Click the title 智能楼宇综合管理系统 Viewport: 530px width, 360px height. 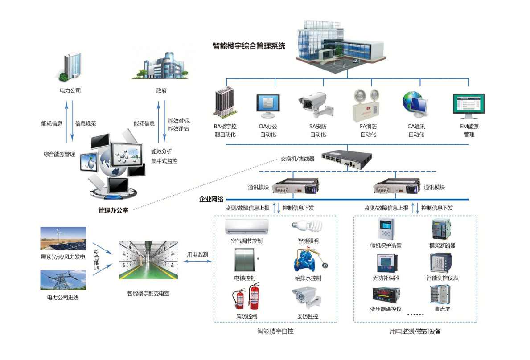pos(249,46)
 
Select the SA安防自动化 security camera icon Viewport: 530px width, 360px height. pos(315,103)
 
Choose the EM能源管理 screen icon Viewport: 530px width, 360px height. pos(468,105)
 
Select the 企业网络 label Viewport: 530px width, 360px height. pos(211,199)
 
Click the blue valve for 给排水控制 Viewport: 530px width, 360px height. pos(307,261)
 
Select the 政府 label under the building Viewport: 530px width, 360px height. pos(161,90)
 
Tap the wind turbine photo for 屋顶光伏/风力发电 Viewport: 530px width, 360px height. pos(63,238)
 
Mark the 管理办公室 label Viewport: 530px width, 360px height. pos(113,210)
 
